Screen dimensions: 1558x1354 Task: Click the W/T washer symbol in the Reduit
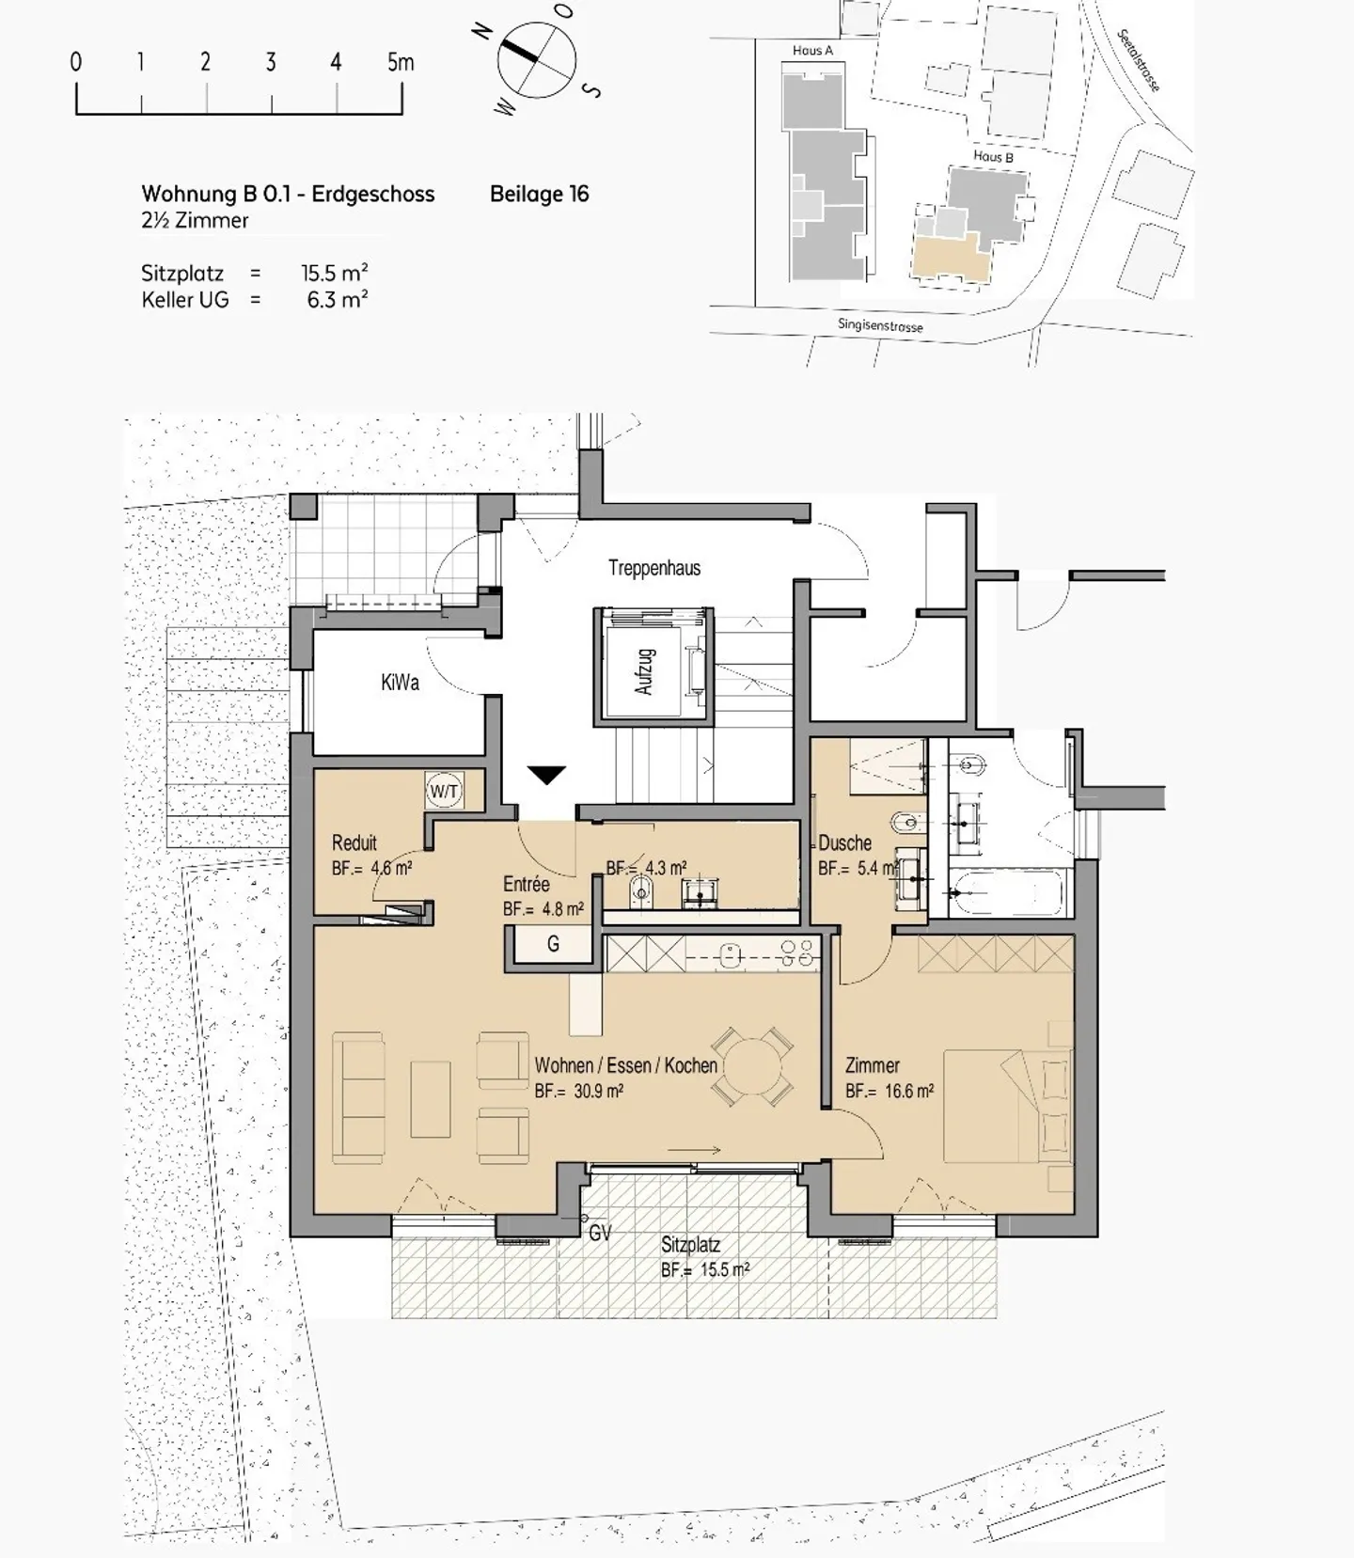pos(444,791)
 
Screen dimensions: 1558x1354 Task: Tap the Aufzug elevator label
pos(644,671)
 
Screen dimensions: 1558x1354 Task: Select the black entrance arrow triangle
pos(546,776)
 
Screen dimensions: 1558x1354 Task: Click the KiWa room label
pos(400,683)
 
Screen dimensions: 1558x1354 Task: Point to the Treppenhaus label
pos(654,568)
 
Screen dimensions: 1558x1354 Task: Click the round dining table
pos(751,1066)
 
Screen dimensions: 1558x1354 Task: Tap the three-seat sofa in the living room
pos(359,1097)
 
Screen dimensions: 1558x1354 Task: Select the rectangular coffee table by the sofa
pos(431,1098)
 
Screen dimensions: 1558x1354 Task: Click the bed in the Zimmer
pos(1007,1106)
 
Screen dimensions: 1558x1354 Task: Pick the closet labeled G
pos(553,944)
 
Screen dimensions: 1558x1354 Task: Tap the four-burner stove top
pos(797,952)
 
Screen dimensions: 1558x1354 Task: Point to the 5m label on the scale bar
pos(401,62)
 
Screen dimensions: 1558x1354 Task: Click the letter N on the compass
pos(483,31)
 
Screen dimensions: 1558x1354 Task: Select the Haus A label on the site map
pos(812,51)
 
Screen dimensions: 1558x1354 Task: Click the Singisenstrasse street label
pos(880,326)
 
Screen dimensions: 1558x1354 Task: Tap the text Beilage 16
pos(539,194)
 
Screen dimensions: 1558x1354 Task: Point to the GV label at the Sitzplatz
pos(600,1233)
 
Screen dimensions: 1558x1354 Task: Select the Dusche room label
pos(844,842)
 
